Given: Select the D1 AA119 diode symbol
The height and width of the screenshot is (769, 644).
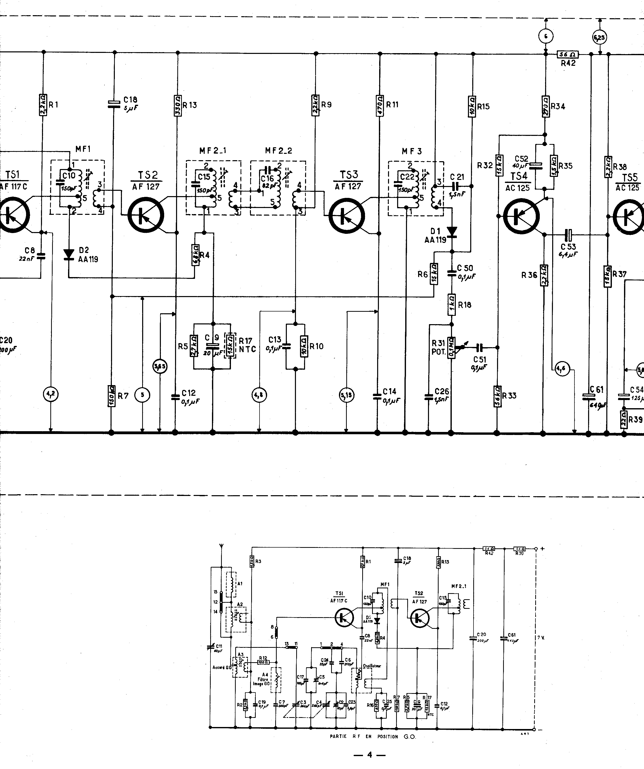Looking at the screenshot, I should click(452, 232).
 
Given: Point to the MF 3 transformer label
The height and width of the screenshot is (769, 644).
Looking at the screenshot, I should click(412, 151).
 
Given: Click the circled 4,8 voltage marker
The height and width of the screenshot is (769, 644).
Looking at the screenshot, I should click(259, 395).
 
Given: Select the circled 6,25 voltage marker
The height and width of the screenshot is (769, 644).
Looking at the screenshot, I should click(599, 37).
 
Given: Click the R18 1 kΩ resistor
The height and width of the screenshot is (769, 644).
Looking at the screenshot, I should click(452, 305).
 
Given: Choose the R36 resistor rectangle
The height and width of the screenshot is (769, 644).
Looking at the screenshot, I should click(543, 275).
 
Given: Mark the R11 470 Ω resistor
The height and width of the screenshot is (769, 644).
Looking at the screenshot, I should click(379, 106).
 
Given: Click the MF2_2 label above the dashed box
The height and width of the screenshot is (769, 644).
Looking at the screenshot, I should click(278, 151).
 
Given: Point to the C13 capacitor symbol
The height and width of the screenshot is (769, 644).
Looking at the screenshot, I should click(286, 346).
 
